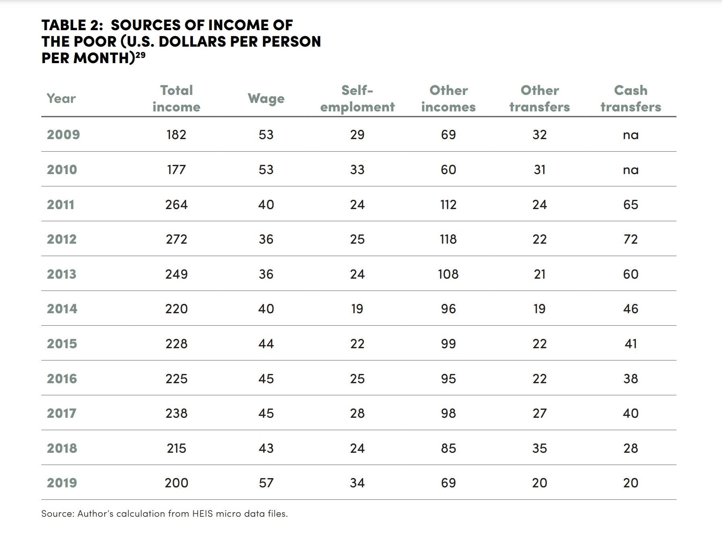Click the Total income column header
click(176, 99)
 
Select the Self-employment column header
click(357, 99)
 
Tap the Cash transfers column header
click(631, 99)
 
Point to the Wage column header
click(266, 99)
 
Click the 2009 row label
click(63, 134)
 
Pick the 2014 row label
click(62, 308)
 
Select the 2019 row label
click(62, 483)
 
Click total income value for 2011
click(176, 204)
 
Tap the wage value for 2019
click(266, 483)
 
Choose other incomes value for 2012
click(448, 239)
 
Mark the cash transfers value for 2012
click(631, 239)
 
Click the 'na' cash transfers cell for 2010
click(631, 170)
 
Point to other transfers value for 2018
click(540, 448)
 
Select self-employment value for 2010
click(357, 169)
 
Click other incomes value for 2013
click(448, 274)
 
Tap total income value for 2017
click(176, 413)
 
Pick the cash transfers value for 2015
click(631, 343)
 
